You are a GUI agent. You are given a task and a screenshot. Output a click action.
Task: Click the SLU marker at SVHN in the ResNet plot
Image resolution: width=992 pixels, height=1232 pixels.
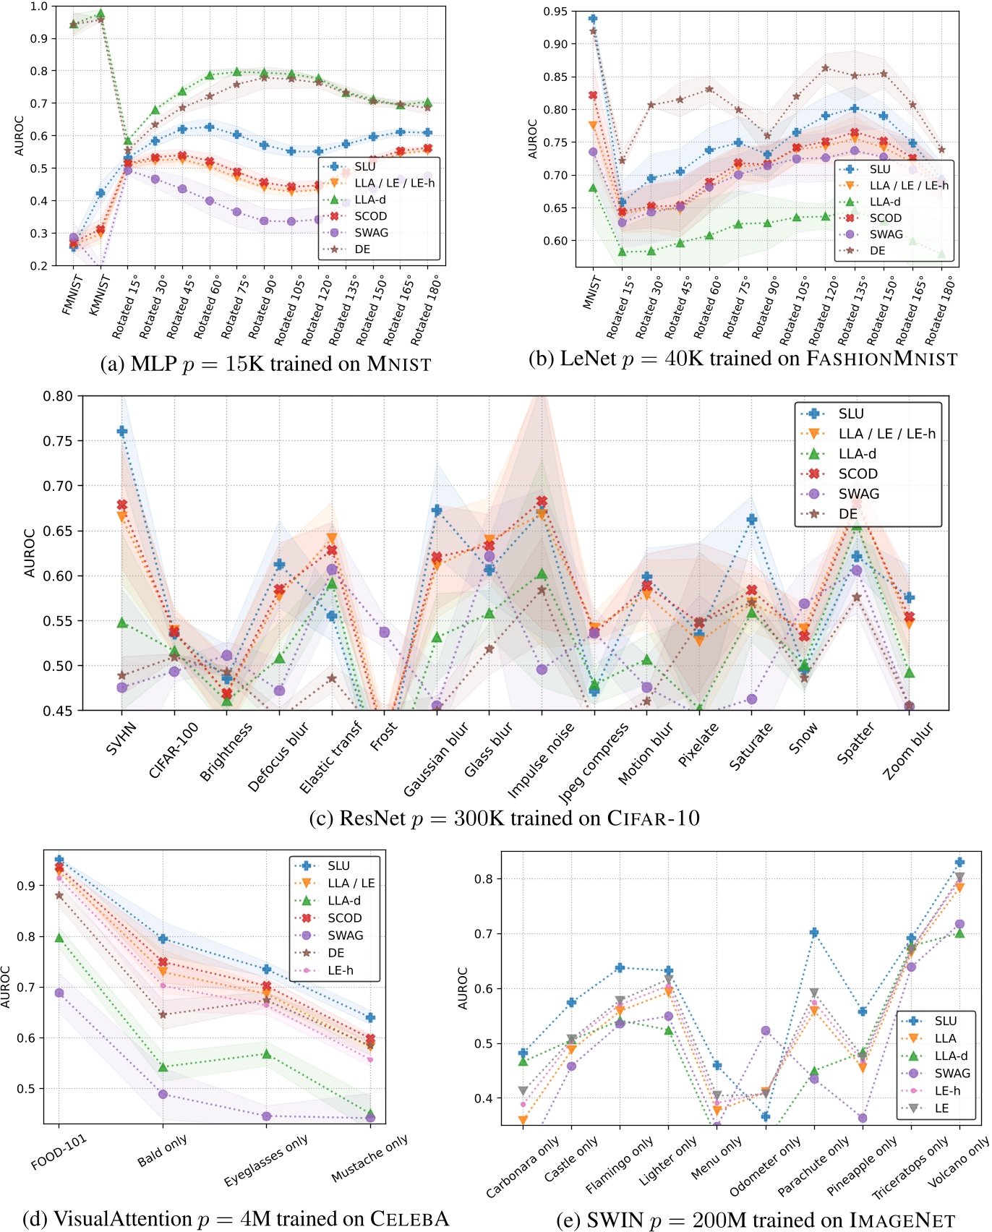[x=122, y=432]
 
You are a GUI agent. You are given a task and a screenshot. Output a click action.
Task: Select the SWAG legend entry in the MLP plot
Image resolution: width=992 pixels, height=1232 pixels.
[x=371, y=233]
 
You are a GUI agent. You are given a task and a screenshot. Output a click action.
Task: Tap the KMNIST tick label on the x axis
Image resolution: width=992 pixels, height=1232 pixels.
[x=99, y=295]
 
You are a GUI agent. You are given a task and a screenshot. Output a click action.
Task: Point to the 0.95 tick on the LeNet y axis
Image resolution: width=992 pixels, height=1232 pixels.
[x=555, y=12]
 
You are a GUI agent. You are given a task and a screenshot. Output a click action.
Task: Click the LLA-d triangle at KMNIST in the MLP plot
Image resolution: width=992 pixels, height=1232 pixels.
[x=101, y=14]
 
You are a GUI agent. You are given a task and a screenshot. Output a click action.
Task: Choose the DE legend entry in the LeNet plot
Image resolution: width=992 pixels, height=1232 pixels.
[x=877, y=251]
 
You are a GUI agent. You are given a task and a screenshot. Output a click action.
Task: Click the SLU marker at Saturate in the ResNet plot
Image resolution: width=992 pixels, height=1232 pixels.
[x=752, y=520]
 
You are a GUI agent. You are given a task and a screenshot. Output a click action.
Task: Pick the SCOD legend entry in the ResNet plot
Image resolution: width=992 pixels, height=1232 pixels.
[x=858, y=474]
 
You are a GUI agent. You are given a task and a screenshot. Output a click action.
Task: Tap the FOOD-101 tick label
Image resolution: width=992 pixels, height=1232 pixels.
[x=59, y=1151]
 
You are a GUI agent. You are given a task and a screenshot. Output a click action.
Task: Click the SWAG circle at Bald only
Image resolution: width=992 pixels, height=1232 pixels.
[x=163, y=1095]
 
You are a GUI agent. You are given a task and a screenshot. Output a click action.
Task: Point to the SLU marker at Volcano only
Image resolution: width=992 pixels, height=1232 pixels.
[x=959, y=863]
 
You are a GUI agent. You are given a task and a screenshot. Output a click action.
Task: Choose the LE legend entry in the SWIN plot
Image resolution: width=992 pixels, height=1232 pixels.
[x=941, y=1108]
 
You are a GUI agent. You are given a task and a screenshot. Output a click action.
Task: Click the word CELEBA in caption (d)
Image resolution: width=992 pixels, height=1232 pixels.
[x=409, y=1219]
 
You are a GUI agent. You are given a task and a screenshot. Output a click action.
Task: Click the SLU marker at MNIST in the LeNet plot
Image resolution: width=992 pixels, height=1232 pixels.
[x=593, y=19]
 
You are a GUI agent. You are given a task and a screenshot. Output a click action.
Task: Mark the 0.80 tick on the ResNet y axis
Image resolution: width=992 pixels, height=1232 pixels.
[x=58, y=396]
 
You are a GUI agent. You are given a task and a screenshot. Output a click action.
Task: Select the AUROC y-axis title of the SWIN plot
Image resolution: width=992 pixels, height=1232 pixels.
[x=463, y=988]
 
